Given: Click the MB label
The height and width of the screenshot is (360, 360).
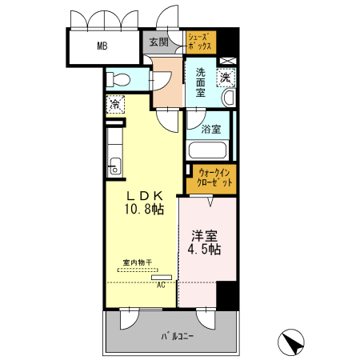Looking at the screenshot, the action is (102, 46).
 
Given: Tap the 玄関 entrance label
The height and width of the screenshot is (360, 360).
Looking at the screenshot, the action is (158, 42).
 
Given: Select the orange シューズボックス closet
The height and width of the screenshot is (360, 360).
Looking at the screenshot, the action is (201, 42).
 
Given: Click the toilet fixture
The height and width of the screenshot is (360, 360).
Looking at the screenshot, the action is (118, 79).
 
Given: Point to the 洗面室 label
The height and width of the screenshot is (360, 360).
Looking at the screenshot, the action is (201, 82).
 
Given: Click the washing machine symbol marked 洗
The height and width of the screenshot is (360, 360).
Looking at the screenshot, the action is (226, 78).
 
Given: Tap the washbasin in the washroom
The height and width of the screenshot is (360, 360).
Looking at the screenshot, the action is (229, 98).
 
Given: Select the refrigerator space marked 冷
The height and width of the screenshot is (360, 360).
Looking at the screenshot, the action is (115, 104).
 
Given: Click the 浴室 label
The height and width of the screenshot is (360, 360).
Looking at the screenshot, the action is (211, 130).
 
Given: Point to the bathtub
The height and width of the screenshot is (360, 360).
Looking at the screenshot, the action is (207, 150).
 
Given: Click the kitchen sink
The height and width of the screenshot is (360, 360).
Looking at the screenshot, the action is (115, 166).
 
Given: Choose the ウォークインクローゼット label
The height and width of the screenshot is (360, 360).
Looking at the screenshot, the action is (214, 178).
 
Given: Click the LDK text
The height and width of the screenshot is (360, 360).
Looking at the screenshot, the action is (144, 196).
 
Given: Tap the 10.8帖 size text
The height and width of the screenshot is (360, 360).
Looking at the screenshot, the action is (144, 210).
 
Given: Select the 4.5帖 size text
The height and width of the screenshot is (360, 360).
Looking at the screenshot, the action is (204, 250).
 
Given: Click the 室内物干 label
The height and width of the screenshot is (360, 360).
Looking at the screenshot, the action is (138, 262).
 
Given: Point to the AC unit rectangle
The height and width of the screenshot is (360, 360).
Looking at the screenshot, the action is (162, 278).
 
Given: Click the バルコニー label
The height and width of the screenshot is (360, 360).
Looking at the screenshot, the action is (177, 336).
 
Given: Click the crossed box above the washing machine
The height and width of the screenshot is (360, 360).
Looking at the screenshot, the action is (228, 61).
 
